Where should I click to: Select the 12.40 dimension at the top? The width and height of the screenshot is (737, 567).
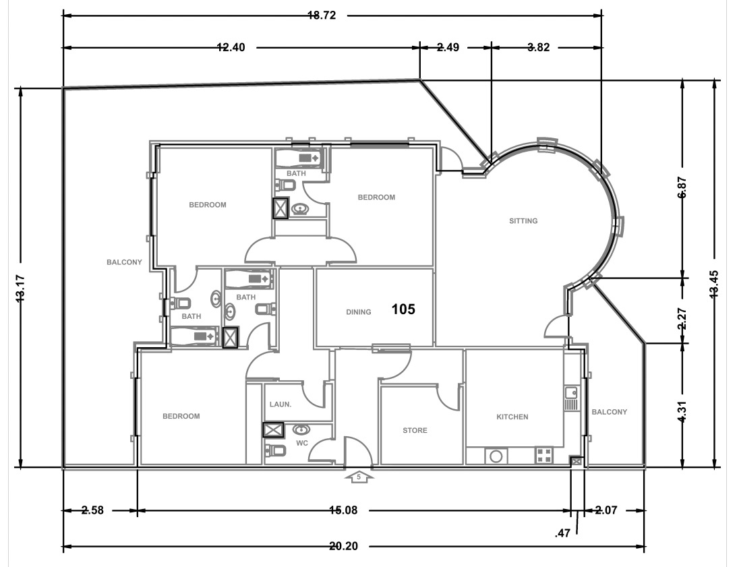(231, 48)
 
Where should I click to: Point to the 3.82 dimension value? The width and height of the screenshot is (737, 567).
(538, 48)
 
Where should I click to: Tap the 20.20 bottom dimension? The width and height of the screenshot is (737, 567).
(343, 546)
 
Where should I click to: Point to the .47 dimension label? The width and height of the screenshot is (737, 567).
(562, 533)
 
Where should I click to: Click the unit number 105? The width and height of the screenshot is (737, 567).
(403, 309)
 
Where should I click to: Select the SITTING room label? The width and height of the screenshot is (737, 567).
(523, 220)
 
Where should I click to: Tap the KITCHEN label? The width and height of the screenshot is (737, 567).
(512, 417)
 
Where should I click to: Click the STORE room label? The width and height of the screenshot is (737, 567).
(415, 430)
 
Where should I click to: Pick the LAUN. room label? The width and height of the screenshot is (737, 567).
(281, 405)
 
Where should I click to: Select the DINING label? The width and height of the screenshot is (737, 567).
(359, 311)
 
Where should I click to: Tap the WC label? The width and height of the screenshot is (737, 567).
(302, 444)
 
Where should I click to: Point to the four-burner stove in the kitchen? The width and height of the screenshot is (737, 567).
(543, 456)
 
